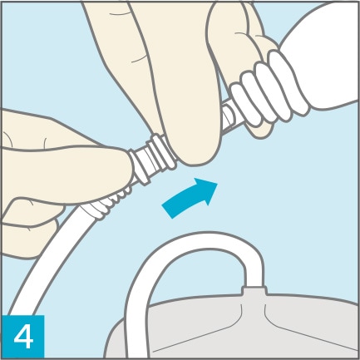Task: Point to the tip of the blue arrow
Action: pos(218,183)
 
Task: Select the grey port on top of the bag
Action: pos(254,290)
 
